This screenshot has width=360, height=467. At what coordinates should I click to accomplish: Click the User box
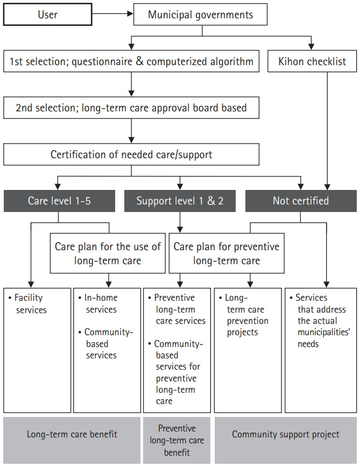click(47, 15)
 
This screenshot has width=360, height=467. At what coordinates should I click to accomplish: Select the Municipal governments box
click(201, 15)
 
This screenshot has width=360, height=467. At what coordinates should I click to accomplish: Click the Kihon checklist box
click(312, 62)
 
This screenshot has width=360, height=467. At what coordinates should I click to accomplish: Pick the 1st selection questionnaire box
click(131, 62)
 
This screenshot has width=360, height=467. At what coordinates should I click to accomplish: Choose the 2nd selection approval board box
click(131, 108)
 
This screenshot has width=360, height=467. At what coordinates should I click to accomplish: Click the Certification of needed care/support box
click(131, 154)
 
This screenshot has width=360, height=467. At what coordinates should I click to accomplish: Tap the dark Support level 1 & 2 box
click(179, 201)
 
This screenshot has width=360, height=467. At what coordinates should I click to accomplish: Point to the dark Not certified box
click(301, 201)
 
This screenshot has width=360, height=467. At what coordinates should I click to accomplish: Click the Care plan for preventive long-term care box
click(227, 254)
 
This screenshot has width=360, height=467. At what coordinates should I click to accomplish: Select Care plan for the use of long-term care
click(108, 254)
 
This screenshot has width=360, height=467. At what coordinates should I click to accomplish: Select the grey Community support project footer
click(285, 434)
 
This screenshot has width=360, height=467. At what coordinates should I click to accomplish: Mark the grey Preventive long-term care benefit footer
click(177, 440)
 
